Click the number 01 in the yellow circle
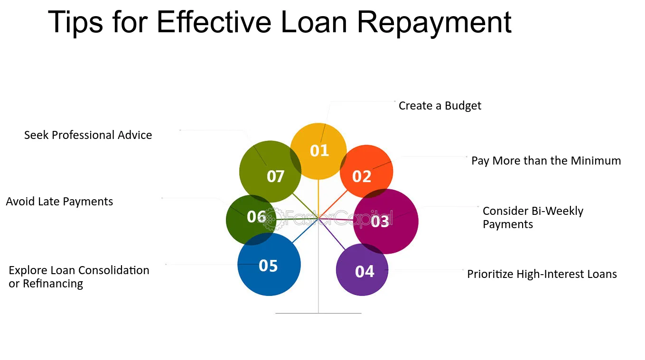pyautogui.click(x=319, y=150)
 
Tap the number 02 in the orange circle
pyautogui.click(x=362, y=176)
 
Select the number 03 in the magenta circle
pyautogui.click(x=380, y=222)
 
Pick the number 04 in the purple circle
pyautogui.click(x=365, y=271)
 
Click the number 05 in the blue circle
pyautogui.click(x=268, y=266)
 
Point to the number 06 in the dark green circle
pyautogui.click(x=256, y=217)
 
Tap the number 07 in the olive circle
pyautogui.click(x=276, y=176)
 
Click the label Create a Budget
pyautogui.click(x=439, y=106)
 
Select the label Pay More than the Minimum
pyautogui.click(x=546, y=161)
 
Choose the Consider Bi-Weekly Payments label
pyautogui.click(x=533, y=218)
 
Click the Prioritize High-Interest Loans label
pyautogui.click(x=542, y=274)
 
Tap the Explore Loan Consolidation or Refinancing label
pyautogui.click(x=79, y=277)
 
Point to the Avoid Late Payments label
pyautogui.click(x=59, y=202)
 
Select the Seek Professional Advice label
pyautogui.click(x=88, y=135)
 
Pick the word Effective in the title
pyautogui.click(x=214, y=22)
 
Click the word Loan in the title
pyautogui.click(x=314, y=22)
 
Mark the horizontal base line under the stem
pyautogui.click(x=318, y=313)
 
